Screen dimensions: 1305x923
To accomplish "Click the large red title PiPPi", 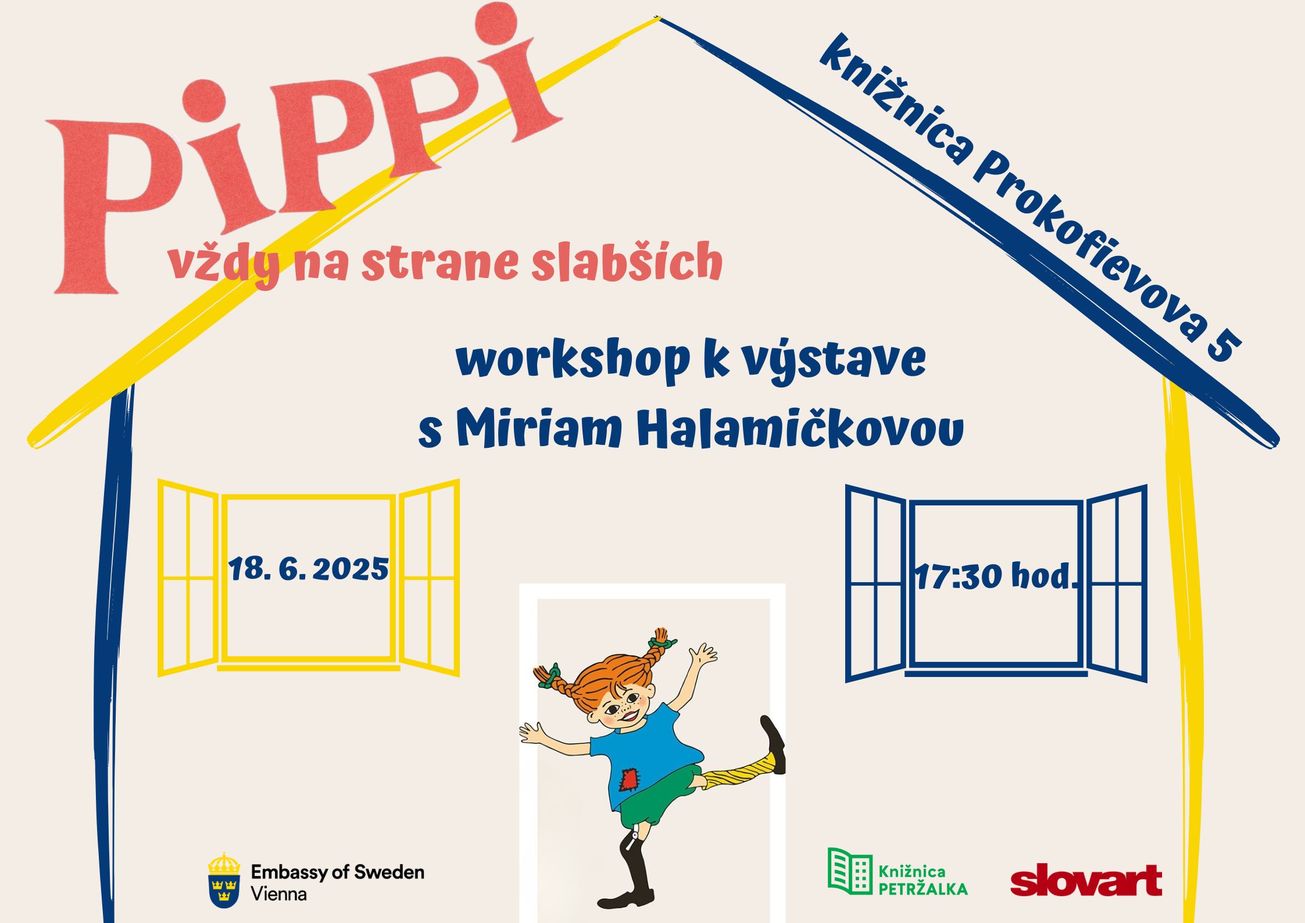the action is point(302,145).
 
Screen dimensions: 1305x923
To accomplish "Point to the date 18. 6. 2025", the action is point(309,569).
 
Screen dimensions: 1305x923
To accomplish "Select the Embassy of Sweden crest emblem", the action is point(224,880).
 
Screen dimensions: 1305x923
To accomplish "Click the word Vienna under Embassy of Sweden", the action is point(278,894).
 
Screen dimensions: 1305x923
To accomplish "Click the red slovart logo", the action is point(1086,881).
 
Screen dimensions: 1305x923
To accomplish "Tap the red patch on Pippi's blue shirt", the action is point(628,779).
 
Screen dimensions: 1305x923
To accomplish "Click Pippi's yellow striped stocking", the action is point(738,771).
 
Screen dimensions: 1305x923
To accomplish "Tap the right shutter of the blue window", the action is point(1117,583).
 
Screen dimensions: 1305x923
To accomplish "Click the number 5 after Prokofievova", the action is point(1223,347).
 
